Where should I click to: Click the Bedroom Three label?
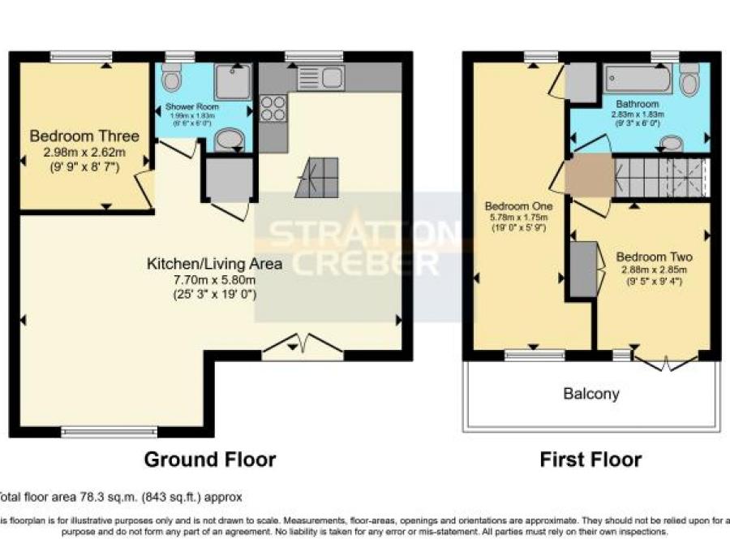coord(84,136)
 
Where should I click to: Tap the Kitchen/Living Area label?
coord(214,264)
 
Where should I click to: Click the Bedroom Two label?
coord(653,256)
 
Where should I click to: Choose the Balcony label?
coord(591,395)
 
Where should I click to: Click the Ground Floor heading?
coord(210,460)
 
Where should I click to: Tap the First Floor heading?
coord(590,460)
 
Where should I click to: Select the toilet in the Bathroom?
coord(689,80)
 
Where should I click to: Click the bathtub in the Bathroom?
coord(638,80)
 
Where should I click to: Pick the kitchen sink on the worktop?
coord(321,78)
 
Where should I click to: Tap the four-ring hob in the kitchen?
coord(273,108)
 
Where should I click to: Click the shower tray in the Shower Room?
coord(233,81)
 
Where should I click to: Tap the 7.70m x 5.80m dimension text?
coord(214,279)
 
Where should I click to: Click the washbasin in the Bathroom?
coord(671,144)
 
